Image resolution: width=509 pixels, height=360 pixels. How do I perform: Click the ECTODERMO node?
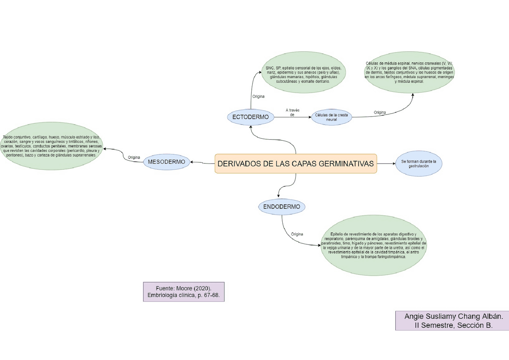(251, 117)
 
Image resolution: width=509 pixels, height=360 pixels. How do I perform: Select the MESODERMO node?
(166, 162)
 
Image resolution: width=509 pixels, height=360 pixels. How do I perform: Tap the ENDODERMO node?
(282, 206)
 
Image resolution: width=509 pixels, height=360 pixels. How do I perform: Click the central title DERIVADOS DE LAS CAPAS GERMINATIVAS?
(295, 163)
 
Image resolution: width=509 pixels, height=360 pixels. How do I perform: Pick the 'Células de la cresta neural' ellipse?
(331, 117)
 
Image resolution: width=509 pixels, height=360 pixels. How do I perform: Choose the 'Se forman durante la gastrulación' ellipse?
(418, 163)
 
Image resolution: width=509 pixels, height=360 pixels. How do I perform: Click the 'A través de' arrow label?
(292, 112)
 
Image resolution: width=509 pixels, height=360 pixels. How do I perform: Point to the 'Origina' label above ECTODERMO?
(258, 97)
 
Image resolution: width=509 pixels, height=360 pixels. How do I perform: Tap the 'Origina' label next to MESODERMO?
(134, 158)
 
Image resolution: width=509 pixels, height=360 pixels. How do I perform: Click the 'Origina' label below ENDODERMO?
(297, 234)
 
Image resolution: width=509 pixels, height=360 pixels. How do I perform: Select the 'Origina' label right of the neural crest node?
(379, 113)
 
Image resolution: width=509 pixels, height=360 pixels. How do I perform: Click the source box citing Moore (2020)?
(184, 292)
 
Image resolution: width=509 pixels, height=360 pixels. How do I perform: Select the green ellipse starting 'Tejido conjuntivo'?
(51, 146)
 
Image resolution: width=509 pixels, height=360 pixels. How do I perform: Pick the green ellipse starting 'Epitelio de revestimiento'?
(373, 245)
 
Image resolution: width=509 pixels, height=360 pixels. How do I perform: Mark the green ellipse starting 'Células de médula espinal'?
(409, 72)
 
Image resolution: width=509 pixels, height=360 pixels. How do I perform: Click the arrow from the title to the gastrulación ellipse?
(386, 163)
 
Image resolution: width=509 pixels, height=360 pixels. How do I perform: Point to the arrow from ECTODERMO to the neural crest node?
(292, 117)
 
